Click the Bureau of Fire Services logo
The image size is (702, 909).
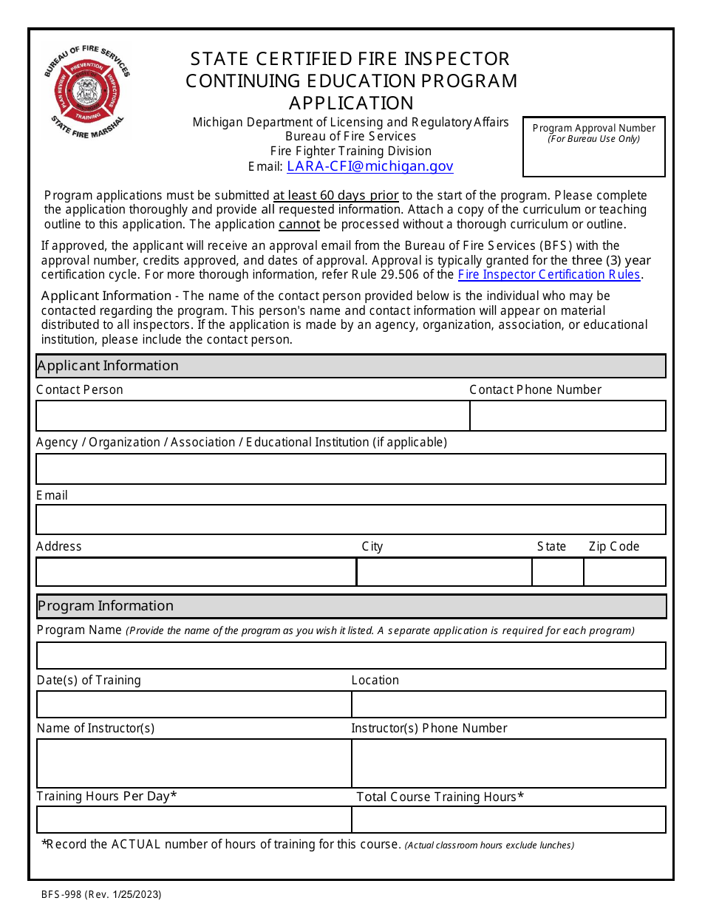87,92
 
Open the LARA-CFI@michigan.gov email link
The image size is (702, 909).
369,166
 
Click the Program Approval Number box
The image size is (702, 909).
593,147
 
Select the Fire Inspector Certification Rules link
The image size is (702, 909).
549,274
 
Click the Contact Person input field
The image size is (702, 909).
253,415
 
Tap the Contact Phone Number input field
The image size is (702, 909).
568,415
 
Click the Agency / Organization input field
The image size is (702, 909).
351,469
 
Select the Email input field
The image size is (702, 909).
351,520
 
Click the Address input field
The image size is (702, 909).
196,572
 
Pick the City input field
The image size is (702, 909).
444,572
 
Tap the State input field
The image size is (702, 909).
558,572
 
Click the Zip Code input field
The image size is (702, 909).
624,572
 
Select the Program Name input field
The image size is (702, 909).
351,656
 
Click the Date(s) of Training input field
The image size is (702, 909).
194,704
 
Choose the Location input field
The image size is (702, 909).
508,704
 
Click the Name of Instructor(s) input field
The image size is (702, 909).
194,763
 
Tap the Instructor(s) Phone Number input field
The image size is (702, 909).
508,763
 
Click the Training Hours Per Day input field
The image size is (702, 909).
194,820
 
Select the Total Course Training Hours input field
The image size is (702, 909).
508,820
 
